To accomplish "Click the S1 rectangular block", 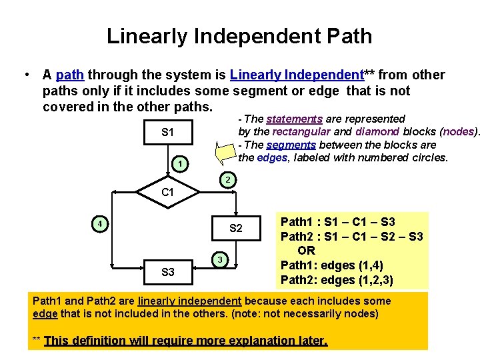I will pos(167,133).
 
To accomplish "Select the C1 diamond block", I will pos(168,192).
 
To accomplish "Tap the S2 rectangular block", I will pos(236,229).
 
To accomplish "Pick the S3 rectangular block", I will pos(168,272).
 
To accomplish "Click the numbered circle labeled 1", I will pos(179,163).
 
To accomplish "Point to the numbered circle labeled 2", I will pos(227,180).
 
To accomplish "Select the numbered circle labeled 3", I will pos(219,259).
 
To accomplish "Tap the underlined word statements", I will pos(294,119).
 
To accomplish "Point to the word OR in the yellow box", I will pos(306,251).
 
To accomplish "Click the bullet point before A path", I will pos(24,75).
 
